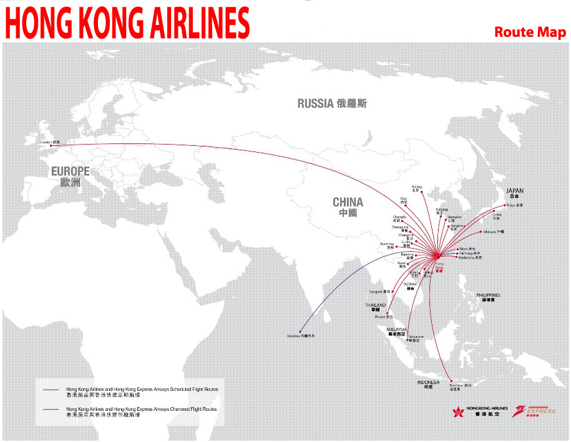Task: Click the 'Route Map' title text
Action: click(x=530, y=32)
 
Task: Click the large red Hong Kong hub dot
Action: click(x=437, y=256)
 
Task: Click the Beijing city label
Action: click(x=417, y=188)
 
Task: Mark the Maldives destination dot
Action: click(x=300, y=331)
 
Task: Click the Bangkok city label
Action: click(x=379, y=292)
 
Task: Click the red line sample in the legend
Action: click(x=51, y=390)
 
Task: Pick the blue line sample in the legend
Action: click(x=51, y=411)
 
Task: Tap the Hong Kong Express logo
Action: click(x=533, y=411)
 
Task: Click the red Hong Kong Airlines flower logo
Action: click(x=460, y=412)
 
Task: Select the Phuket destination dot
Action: click(x=388, y=313)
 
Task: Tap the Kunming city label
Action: click(x=388, y=245)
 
